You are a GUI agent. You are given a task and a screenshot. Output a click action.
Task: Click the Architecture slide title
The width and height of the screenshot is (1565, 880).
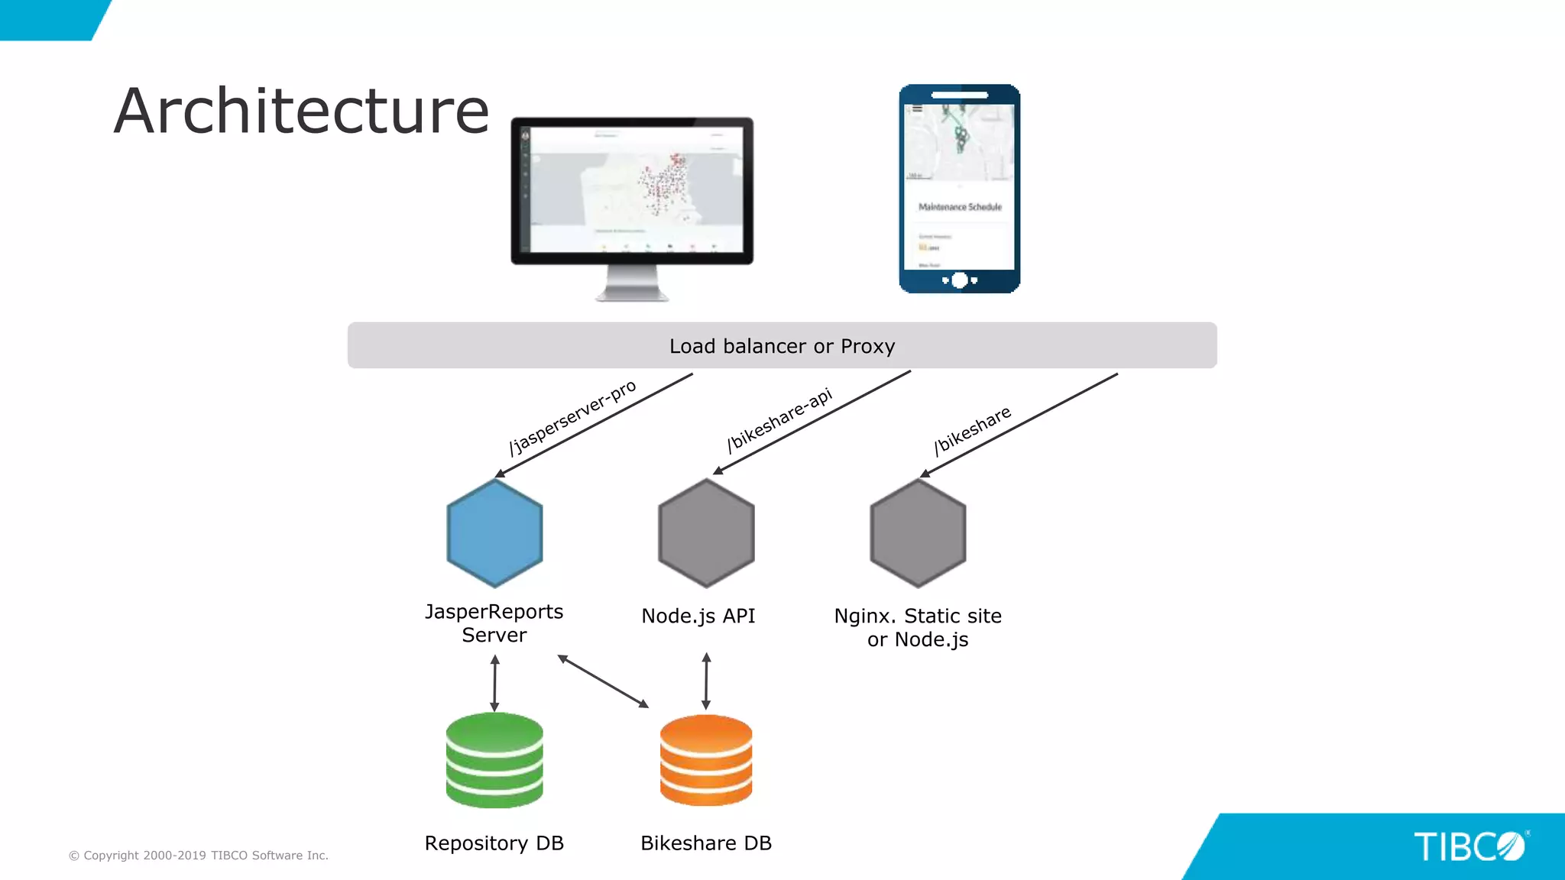click(x=301, y=112)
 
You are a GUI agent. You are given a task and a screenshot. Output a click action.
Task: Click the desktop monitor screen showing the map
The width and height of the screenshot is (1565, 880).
click(x=634, y=191)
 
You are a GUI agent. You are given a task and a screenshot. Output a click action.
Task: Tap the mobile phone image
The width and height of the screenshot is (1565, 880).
click(x=960, y=189)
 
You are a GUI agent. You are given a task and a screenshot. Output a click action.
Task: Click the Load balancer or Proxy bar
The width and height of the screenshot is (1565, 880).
click(x=782, y=346)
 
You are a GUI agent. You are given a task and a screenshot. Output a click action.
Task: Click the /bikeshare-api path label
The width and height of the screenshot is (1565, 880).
click(x=779, y=419)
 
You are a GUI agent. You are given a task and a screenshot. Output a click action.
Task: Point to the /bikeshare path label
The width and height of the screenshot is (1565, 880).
click(x=972, y=430)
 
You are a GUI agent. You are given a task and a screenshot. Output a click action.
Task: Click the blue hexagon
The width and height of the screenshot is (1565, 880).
click(x=495, y=533)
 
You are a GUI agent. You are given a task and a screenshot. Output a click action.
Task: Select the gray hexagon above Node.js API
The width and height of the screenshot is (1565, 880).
click(x=706, y=533)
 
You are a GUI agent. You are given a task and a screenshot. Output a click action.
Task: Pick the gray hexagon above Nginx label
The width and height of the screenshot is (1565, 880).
click(x=918, y=533)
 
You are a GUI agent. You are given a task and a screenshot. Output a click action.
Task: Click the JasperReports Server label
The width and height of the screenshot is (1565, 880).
click(x=494, y=623)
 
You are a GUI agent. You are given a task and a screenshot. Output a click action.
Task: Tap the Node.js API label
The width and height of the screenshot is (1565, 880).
click(x=698, y=616)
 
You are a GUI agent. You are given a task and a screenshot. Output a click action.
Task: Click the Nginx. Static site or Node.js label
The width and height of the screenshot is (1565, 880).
click(x=918, y=628)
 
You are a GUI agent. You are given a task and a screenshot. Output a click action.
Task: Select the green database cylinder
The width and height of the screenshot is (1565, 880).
click(x=494, y=760)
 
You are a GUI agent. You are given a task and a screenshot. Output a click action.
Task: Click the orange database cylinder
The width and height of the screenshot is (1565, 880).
click(x=706, y=760)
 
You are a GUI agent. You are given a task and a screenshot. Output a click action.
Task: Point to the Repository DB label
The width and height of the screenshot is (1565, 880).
click(x=494, y=843)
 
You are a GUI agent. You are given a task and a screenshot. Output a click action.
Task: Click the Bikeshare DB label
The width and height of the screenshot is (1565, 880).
click(x=706, y=843)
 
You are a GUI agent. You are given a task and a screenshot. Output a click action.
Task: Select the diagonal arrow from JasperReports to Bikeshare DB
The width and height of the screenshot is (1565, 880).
click(x=603, y=681)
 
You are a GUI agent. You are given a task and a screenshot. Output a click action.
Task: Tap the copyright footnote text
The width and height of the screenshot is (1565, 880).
click(x=199, y=856)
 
